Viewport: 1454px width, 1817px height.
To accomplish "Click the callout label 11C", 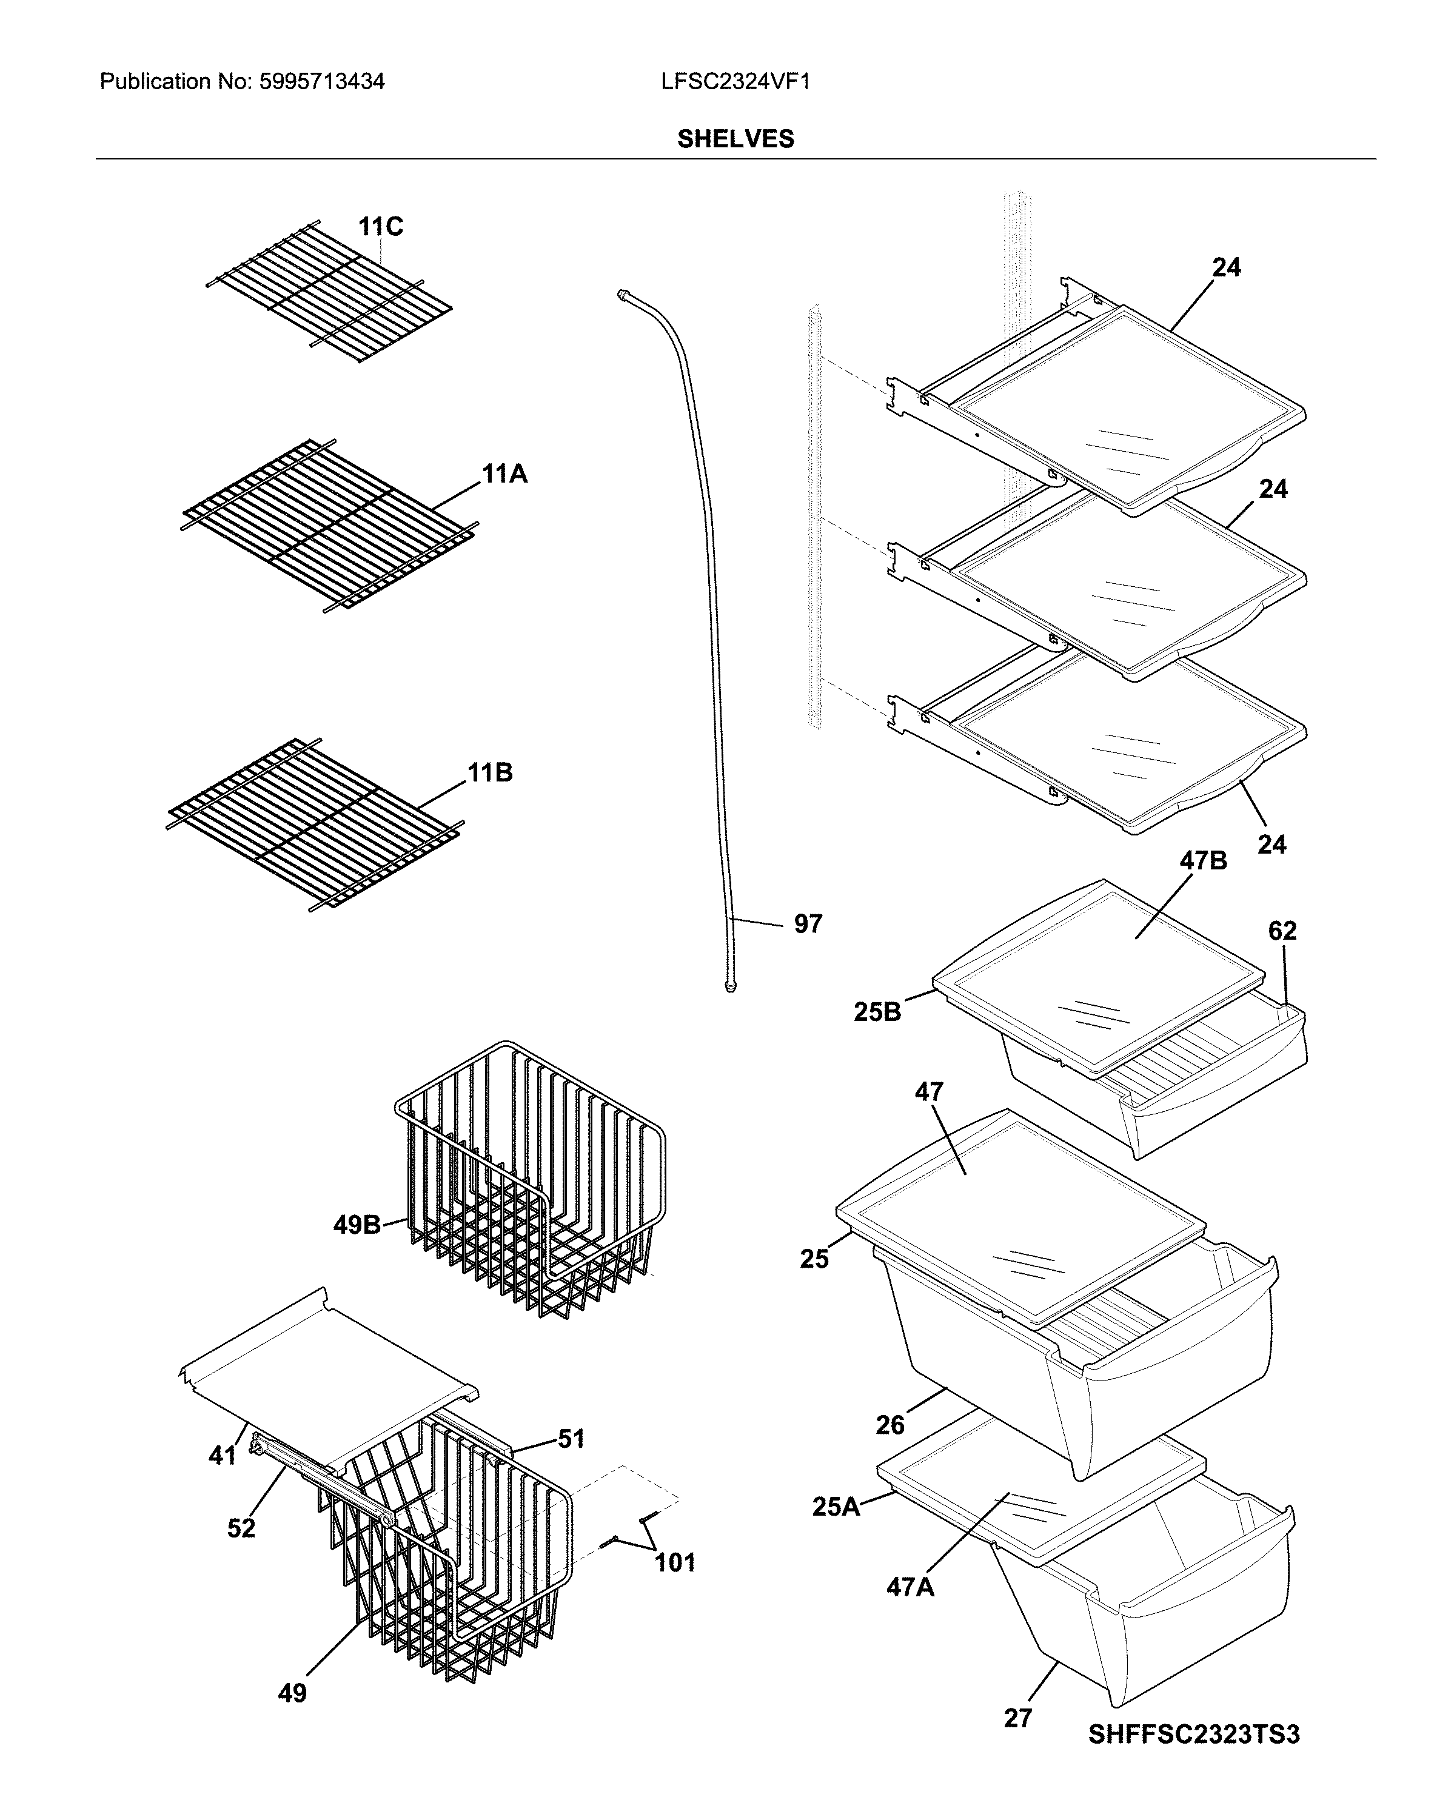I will (x=380, y=227).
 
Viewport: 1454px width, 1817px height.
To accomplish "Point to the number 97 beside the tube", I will (x=808, y=925).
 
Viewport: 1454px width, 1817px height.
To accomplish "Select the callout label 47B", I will (x=1203, y=862).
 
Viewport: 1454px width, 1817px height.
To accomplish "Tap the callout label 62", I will (x=1282, y=931).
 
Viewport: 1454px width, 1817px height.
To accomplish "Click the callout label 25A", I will (x=836, y=1507).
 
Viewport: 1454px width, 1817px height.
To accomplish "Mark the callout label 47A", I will (x=910, y=1588).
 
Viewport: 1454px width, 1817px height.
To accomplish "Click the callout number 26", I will (x=890, y=1425).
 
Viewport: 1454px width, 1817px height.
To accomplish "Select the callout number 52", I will (x=241, y=1528).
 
